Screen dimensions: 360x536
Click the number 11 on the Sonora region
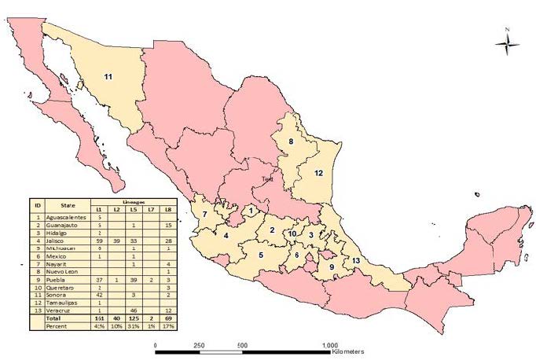pos(109,76)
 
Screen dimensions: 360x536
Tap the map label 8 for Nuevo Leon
pos(290,141)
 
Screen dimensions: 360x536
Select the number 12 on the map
pos(318,172)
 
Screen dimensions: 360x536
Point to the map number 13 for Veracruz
pos(356,260)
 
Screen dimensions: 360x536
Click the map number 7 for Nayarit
pos(204,214)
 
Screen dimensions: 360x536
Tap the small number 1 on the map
pos(251,210)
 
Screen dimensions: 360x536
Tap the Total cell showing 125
pos(134,318)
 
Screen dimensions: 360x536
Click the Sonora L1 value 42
pos(99,294)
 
